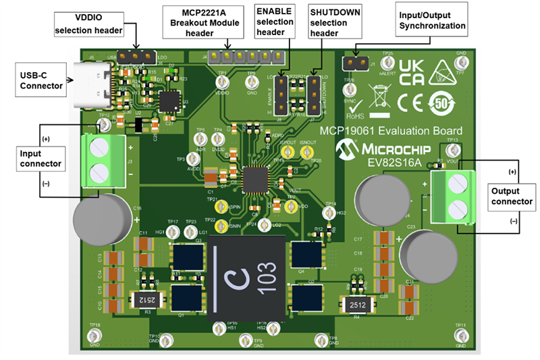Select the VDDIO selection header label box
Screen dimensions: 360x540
click(88, 24)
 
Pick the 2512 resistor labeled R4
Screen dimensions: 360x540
click(358, 307)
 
